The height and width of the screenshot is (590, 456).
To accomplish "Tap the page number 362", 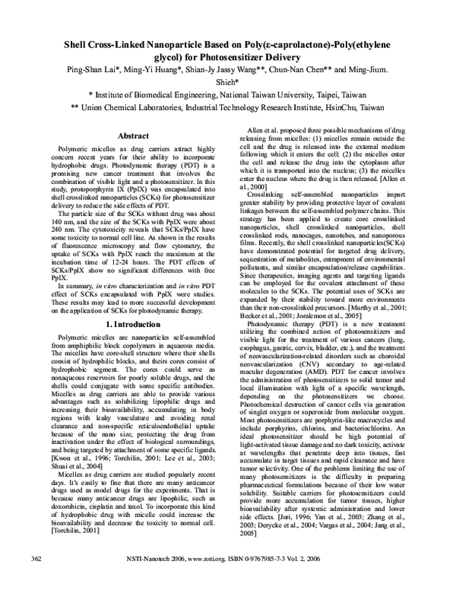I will click(x=34, y=580).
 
